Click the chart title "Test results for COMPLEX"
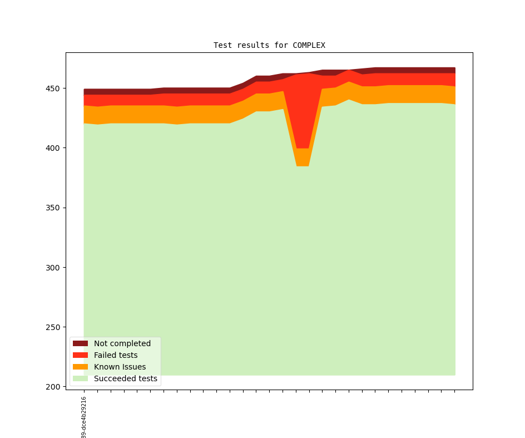(269, 46)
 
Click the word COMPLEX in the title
(309, 46)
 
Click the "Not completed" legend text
(122, 343)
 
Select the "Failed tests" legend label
(116, 355)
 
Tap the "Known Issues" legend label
(120, 367)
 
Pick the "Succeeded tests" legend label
(126, 379)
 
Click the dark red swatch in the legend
(81, 343)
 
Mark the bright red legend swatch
(81, 355)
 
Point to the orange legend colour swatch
(81, 367)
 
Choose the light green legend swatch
(81, 379)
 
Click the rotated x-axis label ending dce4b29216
(84, 417)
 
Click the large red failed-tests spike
(303, 111)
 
